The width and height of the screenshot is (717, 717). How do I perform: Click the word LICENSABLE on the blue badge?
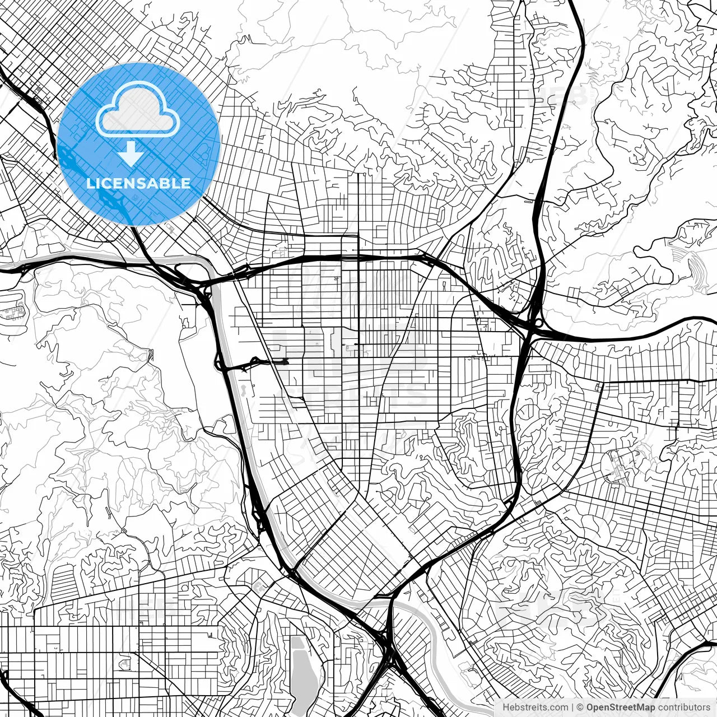(138, 184)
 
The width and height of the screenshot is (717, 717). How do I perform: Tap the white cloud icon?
(138, 113)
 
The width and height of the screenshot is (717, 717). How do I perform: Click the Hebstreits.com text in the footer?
(535, 707)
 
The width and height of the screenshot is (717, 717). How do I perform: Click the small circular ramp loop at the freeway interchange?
(538, 323)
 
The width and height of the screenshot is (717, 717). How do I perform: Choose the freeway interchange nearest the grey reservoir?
(387, 644)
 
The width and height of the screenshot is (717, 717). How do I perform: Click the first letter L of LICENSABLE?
(90, 184)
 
